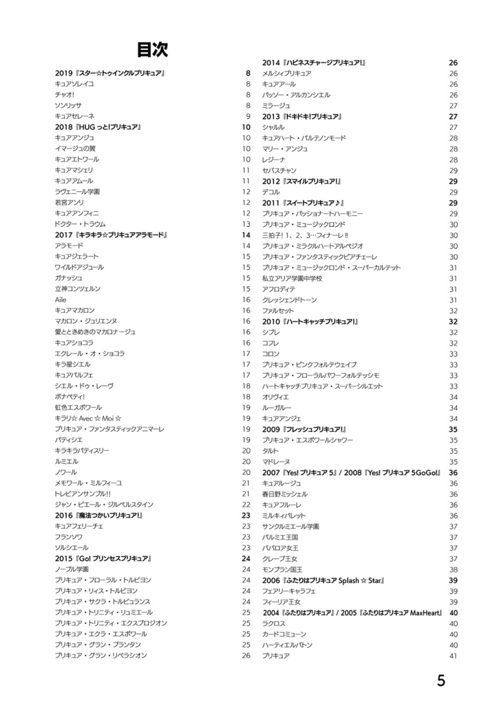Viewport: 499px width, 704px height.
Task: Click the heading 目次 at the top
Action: point(152,49)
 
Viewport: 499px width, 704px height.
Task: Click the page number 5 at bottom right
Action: point(441,681)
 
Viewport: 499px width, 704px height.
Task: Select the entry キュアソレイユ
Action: point(74,84)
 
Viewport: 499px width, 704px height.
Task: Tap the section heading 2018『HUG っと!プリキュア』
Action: point(98,127)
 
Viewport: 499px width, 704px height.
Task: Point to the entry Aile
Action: point(61,300)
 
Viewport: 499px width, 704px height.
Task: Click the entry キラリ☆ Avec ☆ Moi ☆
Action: point(89,418)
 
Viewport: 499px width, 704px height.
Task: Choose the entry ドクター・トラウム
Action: point(80,224)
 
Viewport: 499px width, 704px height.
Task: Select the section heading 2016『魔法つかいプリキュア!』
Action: point(99,515)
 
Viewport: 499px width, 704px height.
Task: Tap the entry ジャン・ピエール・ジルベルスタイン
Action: point(104,504)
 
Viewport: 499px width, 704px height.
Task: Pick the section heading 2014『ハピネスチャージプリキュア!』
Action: point(314,63)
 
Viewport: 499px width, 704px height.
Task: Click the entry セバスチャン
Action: point(279,170)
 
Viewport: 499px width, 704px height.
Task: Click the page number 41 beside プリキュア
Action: point(454,656)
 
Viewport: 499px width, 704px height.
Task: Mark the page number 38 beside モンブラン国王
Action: point(454,569)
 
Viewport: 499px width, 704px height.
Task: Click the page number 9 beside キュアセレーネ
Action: point(248,116)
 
